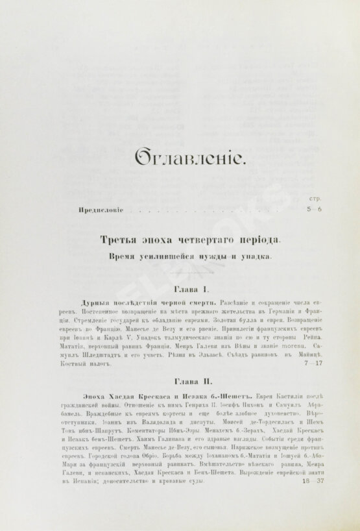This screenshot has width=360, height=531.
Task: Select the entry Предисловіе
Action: [x=100, y=211]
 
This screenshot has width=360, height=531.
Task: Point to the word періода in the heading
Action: [x=258, y=240]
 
